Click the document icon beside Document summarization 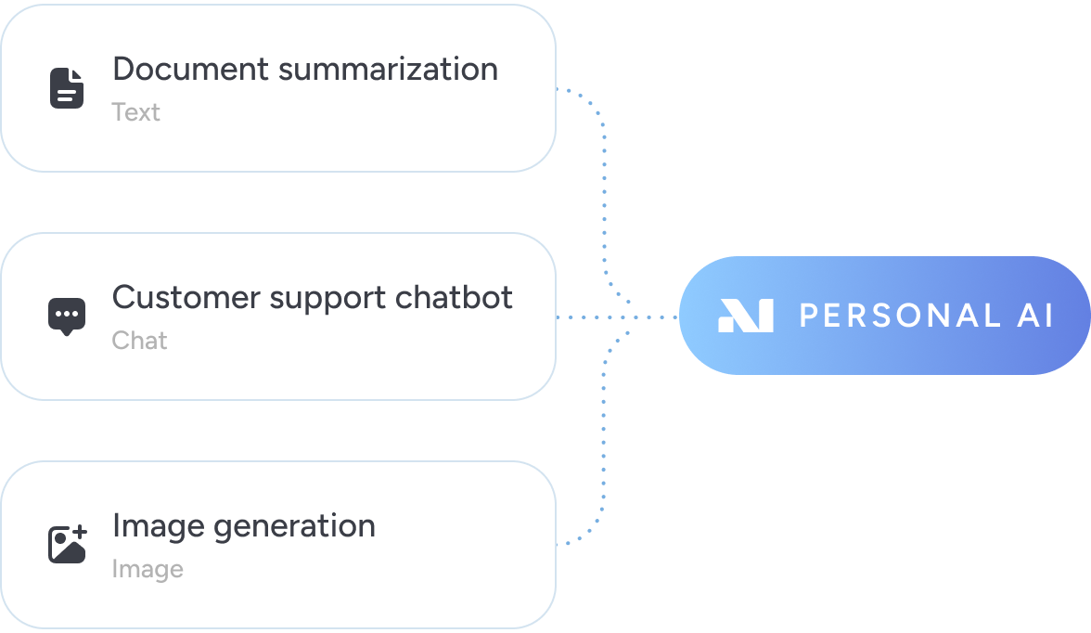click(66, 88)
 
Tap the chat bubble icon click(66, 316)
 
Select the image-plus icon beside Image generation click(67, 544)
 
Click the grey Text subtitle click(135, 112)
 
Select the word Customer click(186, 297)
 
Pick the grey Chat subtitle click(139, 341)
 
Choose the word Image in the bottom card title click(158, 526)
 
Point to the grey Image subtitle click(147, 569)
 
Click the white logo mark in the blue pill click(745, 316)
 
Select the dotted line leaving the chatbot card click(594, 317)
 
